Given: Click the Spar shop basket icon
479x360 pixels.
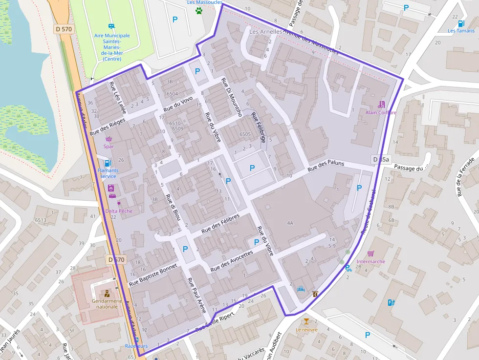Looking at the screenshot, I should coord(109,139).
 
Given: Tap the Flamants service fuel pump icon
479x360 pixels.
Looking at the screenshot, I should coord(108,163).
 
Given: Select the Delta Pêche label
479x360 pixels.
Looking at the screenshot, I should coord(119,211).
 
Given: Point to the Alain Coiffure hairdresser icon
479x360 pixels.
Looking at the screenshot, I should coord(382,104).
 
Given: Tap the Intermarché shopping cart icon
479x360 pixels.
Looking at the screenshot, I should coord(371,254).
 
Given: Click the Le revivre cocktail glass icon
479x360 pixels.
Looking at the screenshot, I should coord(306,321).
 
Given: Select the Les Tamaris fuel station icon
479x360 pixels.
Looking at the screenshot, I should coord(461,23).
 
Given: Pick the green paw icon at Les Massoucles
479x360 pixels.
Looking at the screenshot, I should coord(199,10).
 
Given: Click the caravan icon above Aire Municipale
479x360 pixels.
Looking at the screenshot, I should coord(111,26).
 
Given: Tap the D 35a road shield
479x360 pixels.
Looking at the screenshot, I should coord(381,160).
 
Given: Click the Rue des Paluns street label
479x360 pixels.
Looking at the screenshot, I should coord(326,167).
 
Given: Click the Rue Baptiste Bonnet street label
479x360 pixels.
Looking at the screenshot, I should coord(152,275).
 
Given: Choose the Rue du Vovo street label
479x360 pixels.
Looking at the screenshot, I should coord(178,106).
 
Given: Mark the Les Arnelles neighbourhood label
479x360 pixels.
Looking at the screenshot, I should coord(265,31).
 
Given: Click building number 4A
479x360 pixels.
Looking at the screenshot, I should coord(290,223).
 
